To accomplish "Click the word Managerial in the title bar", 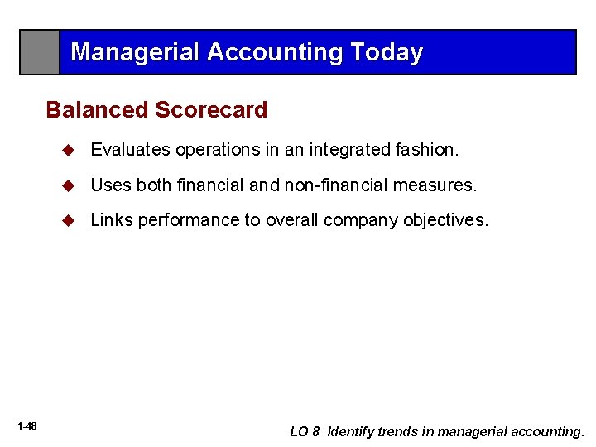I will (x=135, y=52).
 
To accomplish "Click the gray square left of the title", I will (x=40, y=52).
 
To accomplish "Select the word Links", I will (x=112, y=221).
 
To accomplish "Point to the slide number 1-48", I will (x=26, y=425).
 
